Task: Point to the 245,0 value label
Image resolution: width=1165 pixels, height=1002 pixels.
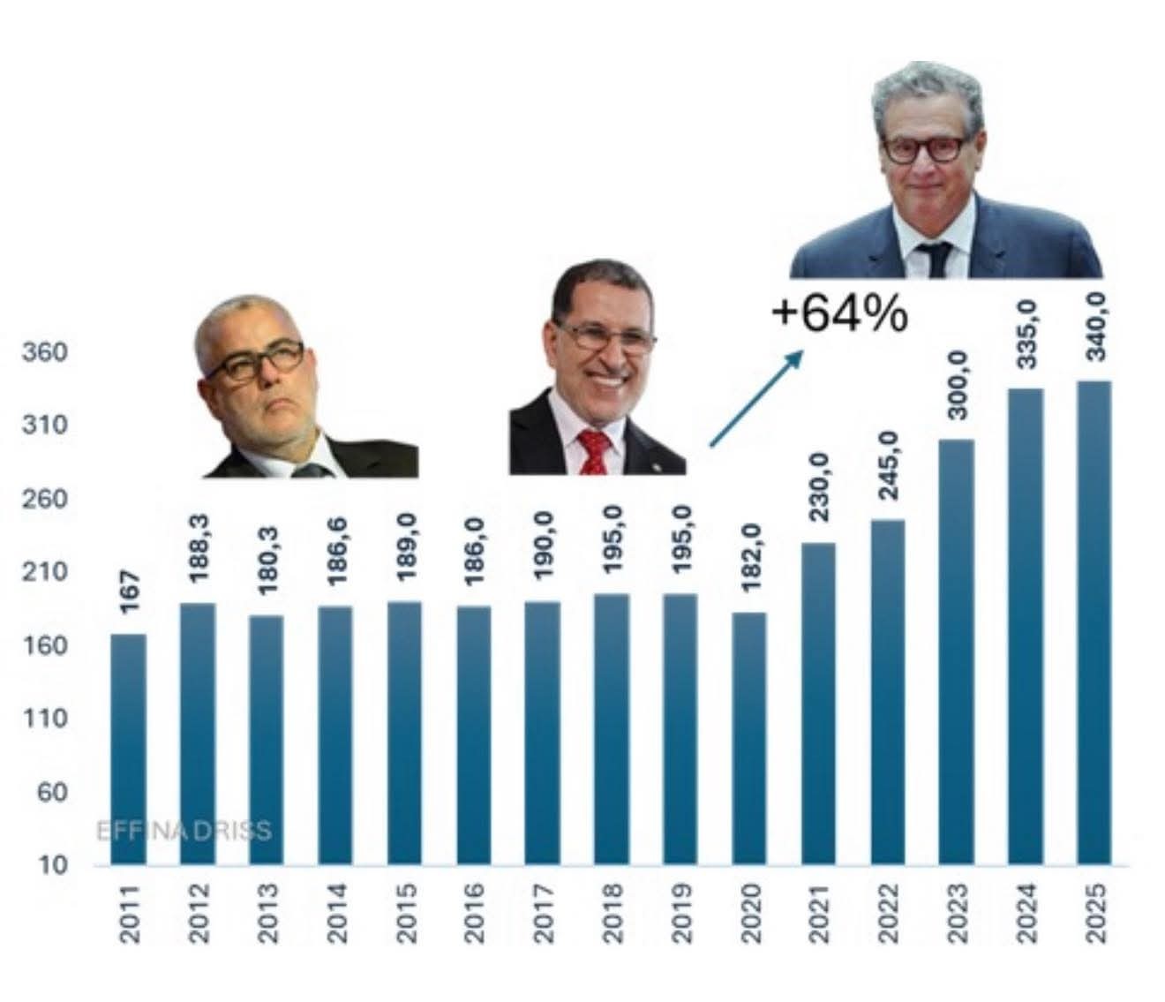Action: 888,465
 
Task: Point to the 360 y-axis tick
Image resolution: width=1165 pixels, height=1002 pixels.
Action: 45,352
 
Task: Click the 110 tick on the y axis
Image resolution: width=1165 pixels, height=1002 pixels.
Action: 45,719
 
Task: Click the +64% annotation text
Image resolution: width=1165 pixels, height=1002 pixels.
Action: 839,315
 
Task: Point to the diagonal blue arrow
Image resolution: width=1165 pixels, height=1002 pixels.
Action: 756,398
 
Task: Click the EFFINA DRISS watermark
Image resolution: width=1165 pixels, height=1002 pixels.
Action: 183,831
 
